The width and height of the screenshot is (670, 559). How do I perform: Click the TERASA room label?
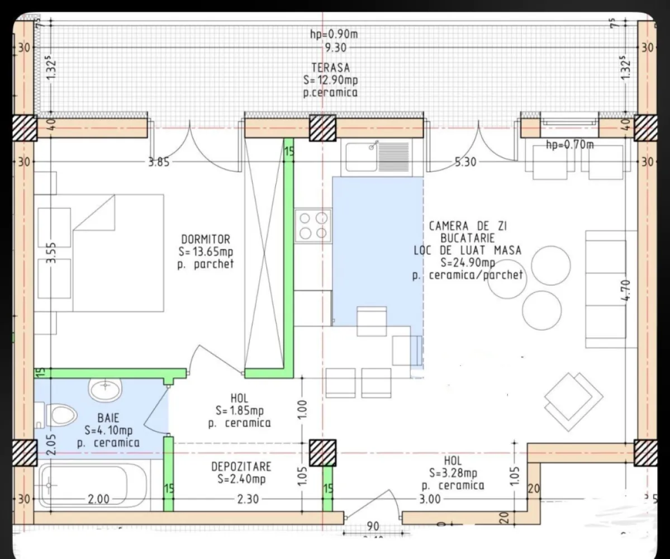331,68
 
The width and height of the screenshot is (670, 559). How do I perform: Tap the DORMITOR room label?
205,240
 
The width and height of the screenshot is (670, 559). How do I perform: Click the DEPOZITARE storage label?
241,466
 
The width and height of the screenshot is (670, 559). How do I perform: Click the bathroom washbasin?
106,389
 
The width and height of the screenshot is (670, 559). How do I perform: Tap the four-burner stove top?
313,225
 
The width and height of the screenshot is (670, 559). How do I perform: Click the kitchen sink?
377,155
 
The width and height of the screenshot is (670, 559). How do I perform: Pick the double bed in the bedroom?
101,253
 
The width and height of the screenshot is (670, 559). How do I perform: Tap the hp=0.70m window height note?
569,145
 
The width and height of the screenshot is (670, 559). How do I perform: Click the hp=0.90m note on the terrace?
334,35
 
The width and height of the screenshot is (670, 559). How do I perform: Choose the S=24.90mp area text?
467,263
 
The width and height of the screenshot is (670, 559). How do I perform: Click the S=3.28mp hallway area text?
453,473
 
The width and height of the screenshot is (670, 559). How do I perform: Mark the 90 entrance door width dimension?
372,526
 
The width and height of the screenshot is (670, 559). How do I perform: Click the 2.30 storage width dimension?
248,499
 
